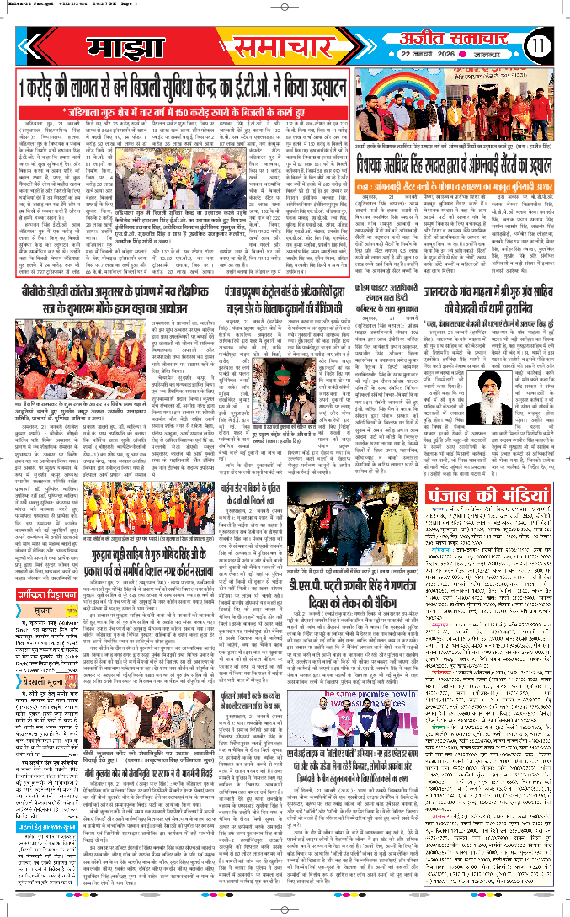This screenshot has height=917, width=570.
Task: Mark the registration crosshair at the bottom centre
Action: click(285, 909)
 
